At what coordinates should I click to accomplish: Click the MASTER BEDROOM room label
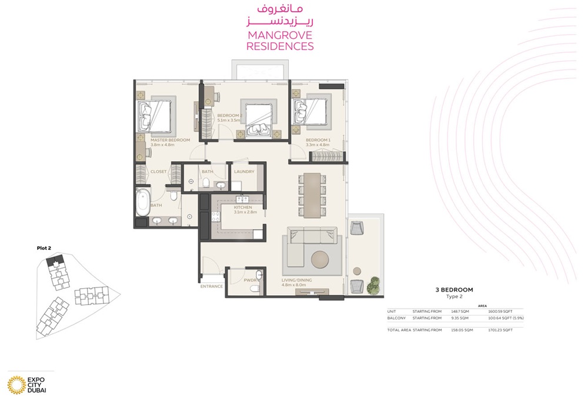click(x=171, y=140)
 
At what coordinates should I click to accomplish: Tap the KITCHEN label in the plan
click(x=243, y=208)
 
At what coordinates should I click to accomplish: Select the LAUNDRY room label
click(x=244, y=172)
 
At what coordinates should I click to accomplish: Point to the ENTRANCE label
click(x=211, y=286)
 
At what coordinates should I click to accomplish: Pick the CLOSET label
click(x=159, y=172)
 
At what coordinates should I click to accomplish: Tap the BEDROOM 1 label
click(x=318, y=140)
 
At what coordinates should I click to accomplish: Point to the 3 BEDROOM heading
click(x=454, y=289)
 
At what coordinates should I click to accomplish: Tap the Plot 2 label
click(x=44, y=248)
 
